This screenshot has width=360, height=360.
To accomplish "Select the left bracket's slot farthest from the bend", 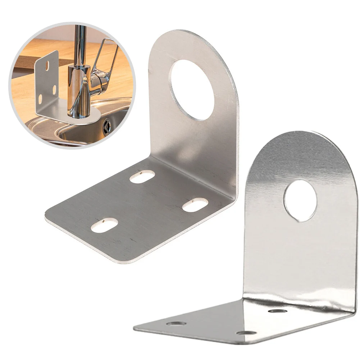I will click(105, 226).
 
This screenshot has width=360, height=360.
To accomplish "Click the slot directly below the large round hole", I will click(142, 176).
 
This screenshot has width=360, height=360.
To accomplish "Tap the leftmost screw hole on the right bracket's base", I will click(176, 324).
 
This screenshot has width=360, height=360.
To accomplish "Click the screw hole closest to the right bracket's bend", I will click(278, 310).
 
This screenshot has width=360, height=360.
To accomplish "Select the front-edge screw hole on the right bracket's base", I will click(247, 333).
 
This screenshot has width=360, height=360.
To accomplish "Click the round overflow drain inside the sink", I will click(106, 127).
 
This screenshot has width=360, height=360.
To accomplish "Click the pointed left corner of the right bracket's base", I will click(135, 328).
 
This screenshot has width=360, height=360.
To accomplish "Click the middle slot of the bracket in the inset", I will click(54, 88).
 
